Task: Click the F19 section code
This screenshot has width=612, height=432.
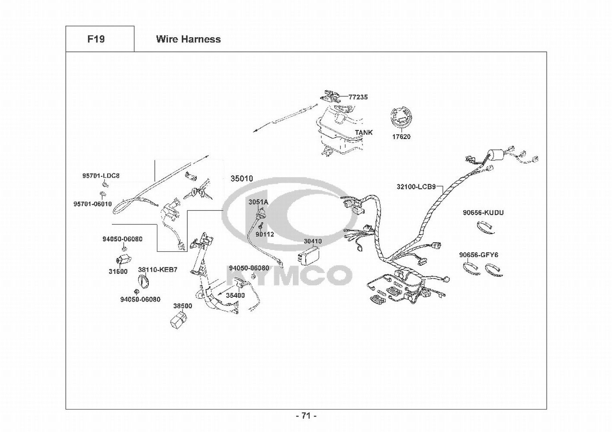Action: pyautogui.click(x=96, y=39)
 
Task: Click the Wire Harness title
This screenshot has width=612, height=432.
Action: pyautogui.click(x=188, y=39)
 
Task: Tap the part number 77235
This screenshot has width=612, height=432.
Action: pyautogui.click(x=358, y=97)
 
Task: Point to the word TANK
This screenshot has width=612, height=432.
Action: pyautogui.click(x=364, y=132)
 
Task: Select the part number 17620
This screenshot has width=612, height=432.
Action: pyautogui.click(x=401, y=137)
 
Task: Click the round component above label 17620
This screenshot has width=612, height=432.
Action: pyautogui.click(x=401, y=117)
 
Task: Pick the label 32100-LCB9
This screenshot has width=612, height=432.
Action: pyautogui.click(x=416, y=187)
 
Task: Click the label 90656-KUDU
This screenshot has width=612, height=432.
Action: pyautogui.click(x=483, y=213)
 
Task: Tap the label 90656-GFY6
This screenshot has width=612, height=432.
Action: pyautogui.click(x=479, y=255)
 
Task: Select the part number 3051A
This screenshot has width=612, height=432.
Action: pyautogui.click(x=258, y=202)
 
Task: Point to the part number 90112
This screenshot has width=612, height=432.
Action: pyautogui.click(x=265, y=234)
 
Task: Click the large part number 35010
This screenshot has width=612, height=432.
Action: pyautogui.click(x=242, y=179)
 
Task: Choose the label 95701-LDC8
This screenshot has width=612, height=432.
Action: pyautogui.click(x=101, y=176)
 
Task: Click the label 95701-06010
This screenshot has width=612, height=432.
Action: pyautogui.click(x=93, y=204)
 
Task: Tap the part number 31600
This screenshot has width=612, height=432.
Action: pyautogui.click(x=118, y=272)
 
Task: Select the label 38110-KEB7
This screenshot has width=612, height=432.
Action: pyautogui.click(x=157, y=270)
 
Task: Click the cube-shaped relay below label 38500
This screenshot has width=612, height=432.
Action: pyautogui.click(x=178, y=321)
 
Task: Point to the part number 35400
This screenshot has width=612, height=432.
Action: pyautogui.click(x=235, y=295)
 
